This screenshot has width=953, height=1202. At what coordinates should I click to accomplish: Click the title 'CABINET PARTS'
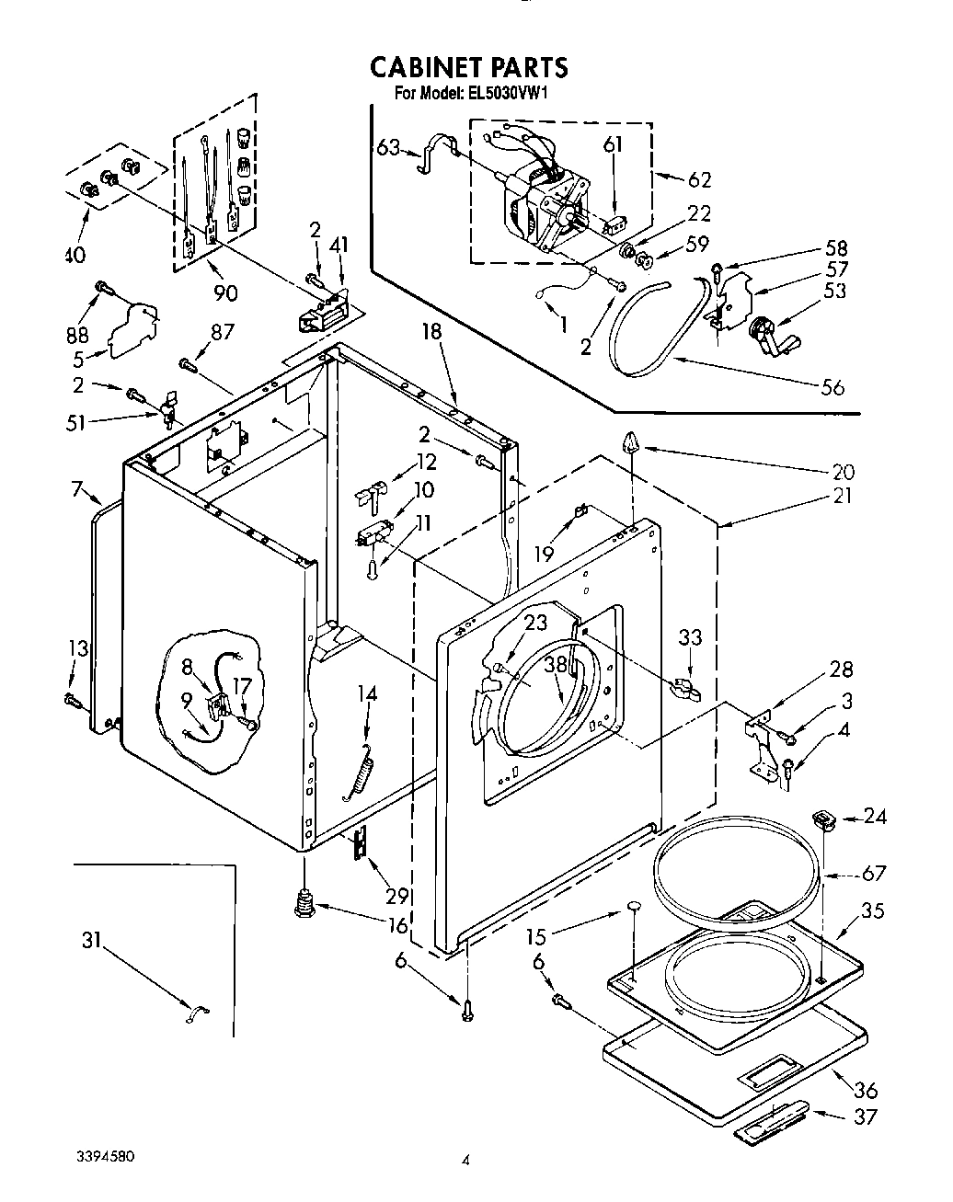tap(468, 67)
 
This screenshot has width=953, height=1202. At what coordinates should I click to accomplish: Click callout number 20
tap(843, 473)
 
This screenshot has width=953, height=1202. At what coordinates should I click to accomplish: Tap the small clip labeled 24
tap(821, 818)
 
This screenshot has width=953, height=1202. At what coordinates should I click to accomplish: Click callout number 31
tap(89, 940)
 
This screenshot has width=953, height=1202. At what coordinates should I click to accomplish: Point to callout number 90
tap(224, 292)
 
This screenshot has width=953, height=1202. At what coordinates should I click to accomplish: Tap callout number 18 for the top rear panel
tap(432, 333)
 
